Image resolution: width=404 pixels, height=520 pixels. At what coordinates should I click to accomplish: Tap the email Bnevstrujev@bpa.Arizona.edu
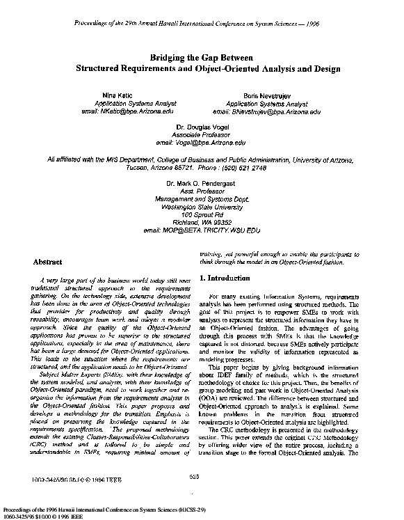click(x=266, y=111)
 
